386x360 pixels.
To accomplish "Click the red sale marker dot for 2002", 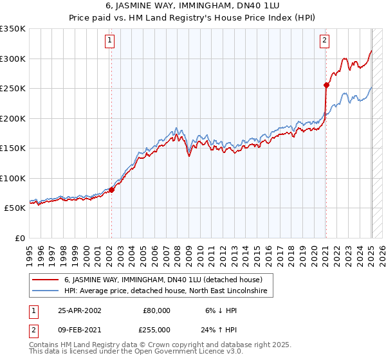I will click(x=111, y=190).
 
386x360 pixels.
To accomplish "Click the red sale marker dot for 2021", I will click(x=326, y=85).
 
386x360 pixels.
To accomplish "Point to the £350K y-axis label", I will click(x=14, y=29).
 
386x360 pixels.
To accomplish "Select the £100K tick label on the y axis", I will click(x=14, y=178).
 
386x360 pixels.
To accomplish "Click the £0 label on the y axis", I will click(x=19, y=238).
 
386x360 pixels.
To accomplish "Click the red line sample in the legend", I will click(x=46, y=280).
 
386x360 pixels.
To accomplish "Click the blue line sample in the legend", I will click(x=46, y=291).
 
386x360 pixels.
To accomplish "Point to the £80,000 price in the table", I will click(x=155, y=310).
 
